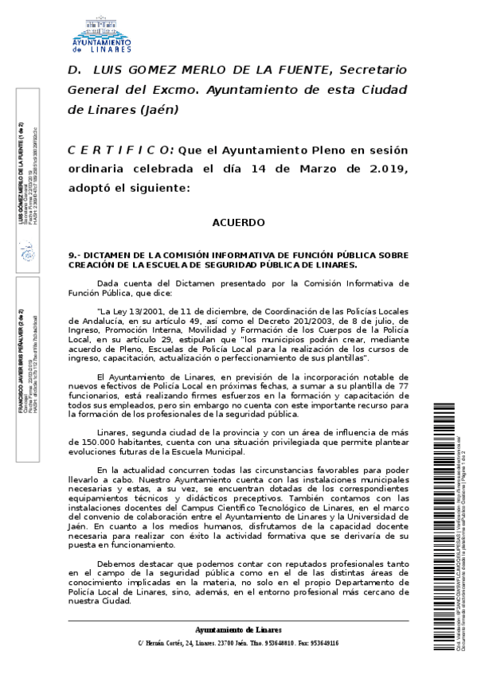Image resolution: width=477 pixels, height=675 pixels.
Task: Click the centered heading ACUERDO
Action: pyautogui.click(x=238, y=223)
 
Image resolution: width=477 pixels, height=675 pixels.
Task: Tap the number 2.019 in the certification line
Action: pyautogui.click(x=384, y=169)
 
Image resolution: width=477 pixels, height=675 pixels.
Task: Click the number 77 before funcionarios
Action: pyautogui.click(x=403, y=384)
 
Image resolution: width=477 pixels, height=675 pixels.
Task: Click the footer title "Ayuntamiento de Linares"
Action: pyautogui.click(x=238, y=630)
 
